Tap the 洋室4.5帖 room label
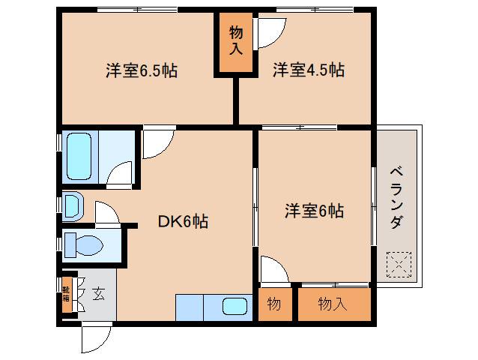(308, 71)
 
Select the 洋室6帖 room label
(313, 211)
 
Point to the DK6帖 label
(182, 221)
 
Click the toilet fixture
(84, 245)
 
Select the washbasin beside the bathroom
(73, 205)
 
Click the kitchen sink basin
(235, 307)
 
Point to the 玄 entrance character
(98, 293)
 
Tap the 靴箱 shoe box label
(66, 293)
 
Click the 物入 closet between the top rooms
(235, 42)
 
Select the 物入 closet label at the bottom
(333, 304)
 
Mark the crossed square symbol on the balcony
(399, 264)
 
